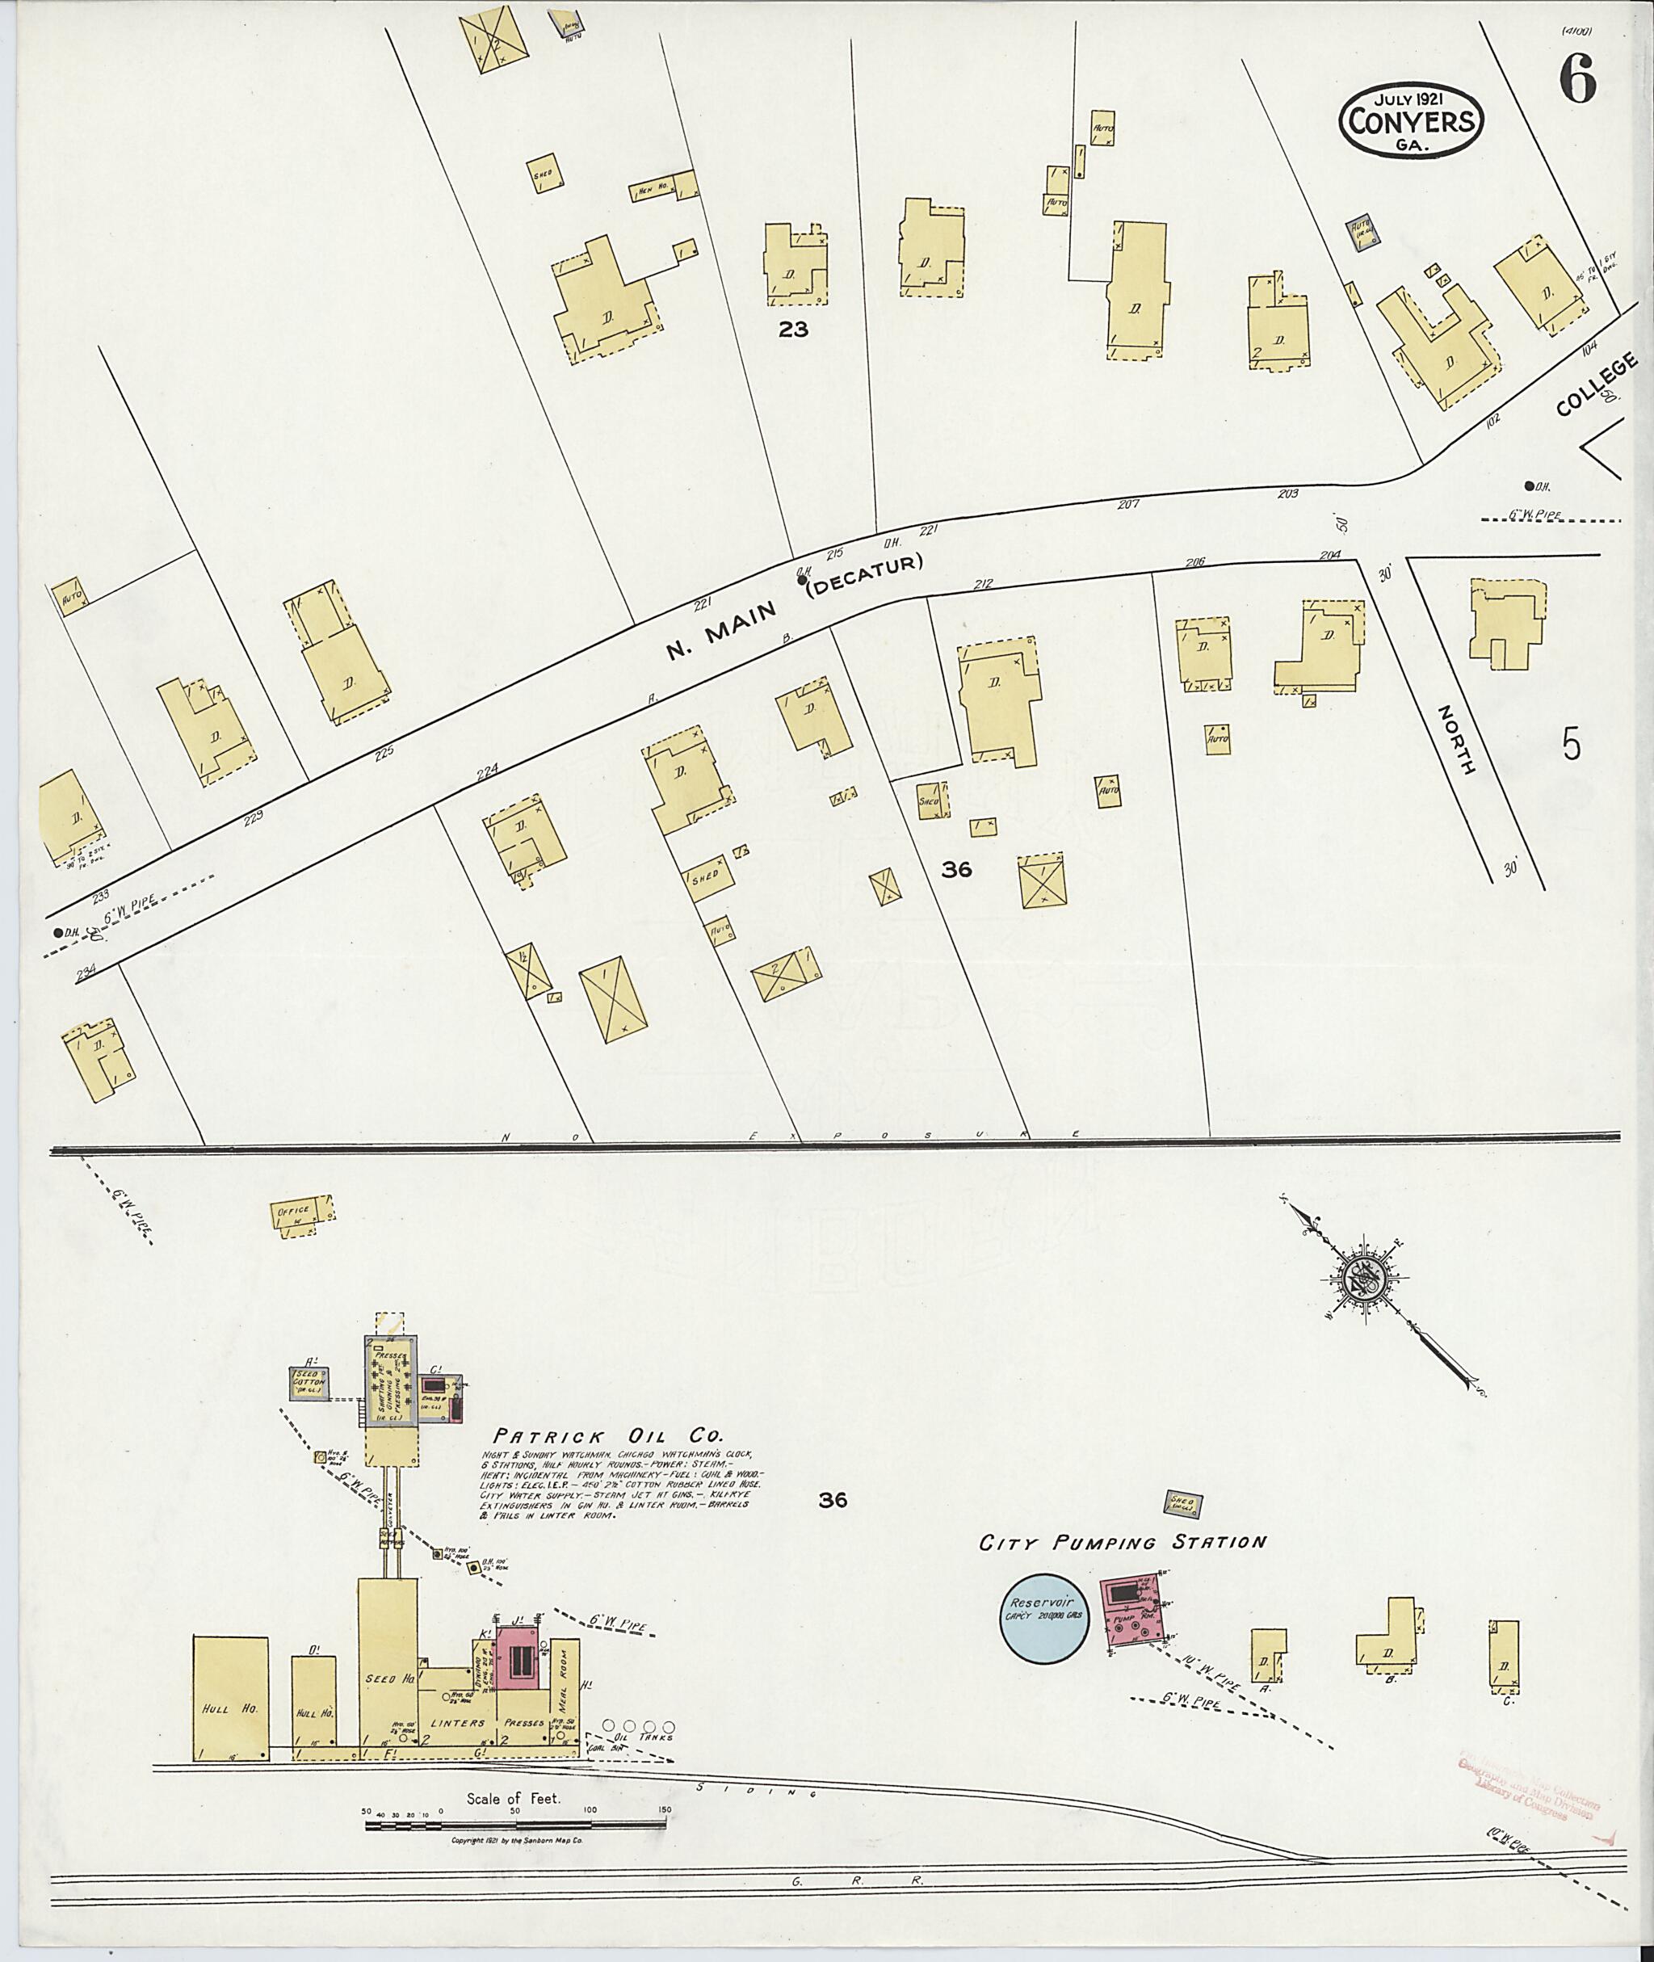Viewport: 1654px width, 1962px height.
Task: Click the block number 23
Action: (792, 330)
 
